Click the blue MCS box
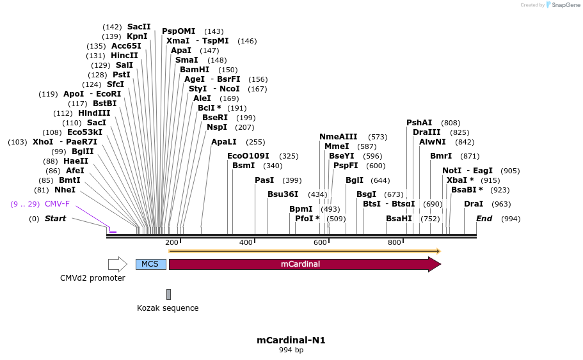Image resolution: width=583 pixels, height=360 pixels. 150,264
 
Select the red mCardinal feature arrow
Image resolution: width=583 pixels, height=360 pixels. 301,264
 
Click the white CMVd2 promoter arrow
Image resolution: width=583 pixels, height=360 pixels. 117,264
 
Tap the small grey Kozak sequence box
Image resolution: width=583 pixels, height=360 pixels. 168,294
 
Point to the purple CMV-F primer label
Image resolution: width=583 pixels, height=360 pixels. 57,204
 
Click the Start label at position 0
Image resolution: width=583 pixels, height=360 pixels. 55,219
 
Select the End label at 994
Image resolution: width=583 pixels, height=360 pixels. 484,219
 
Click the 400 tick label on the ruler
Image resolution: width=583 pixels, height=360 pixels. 246,242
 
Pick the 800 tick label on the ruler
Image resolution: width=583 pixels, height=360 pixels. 394,242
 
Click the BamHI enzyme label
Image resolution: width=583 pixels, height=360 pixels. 195,70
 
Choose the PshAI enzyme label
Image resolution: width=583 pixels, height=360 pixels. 419,123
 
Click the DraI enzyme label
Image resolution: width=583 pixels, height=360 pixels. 474,204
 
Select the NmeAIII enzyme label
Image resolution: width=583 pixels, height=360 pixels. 339,137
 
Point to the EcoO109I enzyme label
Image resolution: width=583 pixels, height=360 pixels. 248,156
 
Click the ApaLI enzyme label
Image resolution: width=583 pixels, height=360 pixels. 224,142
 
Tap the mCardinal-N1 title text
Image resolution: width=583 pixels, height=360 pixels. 291,340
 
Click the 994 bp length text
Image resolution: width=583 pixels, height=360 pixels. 291,350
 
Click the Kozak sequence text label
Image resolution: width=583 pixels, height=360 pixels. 168,308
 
